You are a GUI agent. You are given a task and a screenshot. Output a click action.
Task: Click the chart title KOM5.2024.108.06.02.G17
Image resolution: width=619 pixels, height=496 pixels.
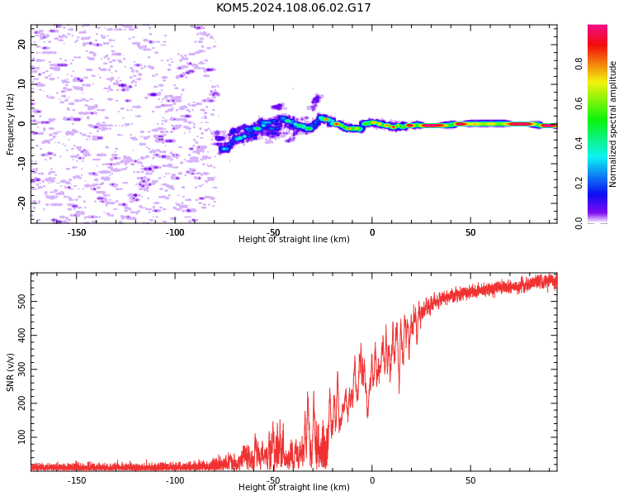point(293,7)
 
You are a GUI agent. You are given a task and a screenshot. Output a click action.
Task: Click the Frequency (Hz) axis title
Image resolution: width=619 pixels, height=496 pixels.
point(10,124)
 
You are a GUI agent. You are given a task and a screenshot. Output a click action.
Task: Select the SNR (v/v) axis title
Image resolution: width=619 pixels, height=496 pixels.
point(10,372)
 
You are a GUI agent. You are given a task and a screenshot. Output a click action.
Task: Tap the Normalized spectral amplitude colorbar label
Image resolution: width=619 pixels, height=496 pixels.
point(612,124)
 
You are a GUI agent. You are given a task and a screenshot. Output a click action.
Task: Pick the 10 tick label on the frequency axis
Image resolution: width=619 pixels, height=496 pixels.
point(21,83)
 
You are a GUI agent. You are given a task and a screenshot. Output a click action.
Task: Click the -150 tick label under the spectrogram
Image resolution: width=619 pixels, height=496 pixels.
point(77,232)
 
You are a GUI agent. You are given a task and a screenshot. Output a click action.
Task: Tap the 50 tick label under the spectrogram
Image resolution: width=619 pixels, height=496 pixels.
point(470,232)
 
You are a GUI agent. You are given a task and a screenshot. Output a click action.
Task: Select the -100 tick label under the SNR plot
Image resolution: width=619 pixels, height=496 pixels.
point(175,480)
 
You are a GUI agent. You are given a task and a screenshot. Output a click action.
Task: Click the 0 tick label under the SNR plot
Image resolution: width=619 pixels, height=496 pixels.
point(372,480)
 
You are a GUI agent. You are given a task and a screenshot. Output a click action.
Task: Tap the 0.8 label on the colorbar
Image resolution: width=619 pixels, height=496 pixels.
point(579,64)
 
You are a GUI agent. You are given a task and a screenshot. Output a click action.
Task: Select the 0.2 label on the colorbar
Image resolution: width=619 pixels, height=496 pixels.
point(579,184)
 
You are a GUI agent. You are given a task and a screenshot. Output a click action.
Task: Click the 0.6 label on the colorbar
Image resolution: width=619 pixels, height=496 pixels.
point(579,103)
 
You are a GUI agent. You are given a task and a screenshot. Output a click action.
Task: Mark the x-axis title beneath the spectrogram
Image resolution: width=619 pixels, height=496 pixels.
point(294,239)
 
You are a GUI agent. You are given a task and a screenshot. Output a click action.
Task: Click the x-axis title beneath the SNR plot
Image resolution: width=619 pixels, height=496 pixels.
point(294,487)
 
